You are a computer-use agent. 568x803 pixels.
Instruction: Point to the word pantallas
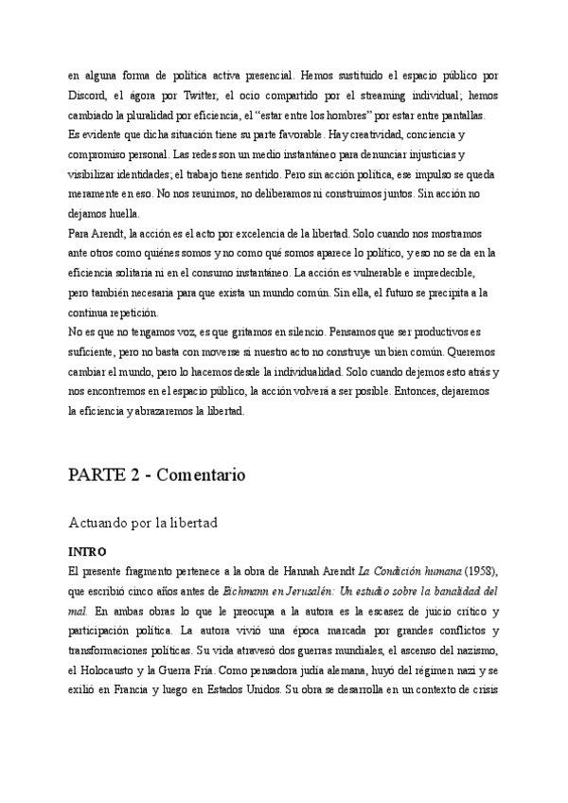(457, 116)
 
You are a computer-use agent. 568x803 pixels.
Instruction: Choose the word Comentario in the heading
(207, 473)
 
